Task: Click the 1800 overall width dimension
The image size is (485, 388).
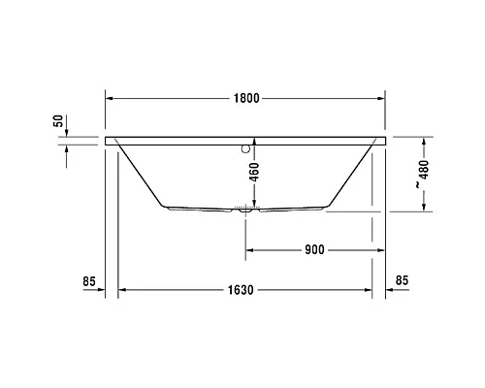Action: (244, 99)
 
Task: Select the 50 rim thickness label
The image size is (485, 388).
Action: (57, 121)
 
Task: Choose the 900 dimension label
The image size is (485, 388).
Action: (313, 249)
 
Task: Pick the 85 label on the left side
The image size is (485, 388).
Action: (89, 282)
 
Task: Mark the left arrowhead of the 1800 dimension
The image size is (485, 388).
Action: (110, 99)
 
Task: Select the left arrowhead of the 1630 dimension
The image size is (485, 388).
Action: (123, 291)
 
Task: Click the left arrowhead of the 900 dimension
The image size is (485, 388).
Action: (248, 249)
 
